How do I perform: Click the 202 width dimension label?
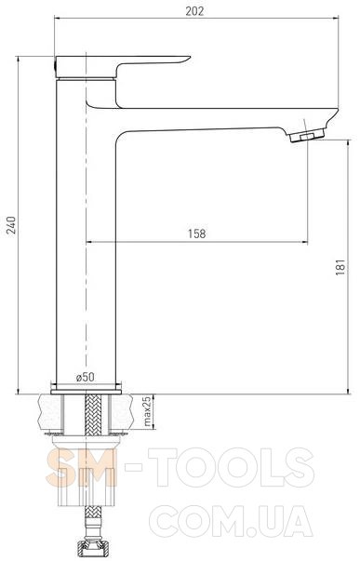tap(194, 11)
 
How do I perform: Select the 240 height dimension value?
tap(12, 225)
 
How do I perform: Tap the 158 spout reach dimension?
tap(197, 234)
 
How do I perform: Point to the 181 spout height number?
tap(340, 267)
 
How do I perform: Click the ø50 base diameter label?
tap(86, 377)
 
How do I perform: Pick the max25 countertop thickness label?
tap(147, 412)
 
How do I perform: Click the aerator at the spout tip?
tap(307, 135)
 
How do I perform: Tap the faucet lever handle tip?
tap(189, 58)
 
